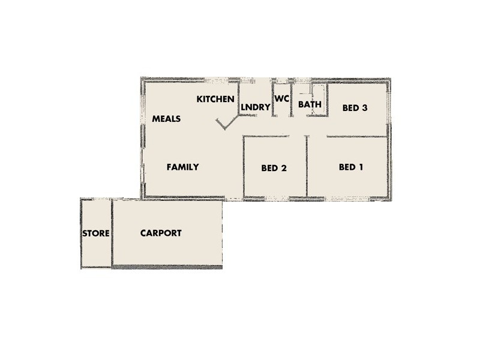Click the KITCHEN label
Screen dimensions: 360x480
click(x=215, y=99)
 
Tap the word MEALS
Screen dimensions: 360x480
click(x=166, y=119)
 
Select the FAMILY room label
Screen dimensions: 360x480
click(x=182, y=167)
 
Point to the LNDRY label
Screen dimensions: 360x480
click(x=255, y=107)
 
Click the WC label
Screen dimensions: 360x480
click(x=282, y=98)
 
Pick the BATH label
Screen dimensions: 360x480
click(x=310, y=104)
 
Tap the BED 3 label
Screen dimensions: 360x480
click(x=355, y=108)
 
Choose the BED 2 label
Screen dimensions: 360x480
click(x=274, y=168)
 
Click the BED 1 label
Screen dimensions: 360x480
click(x=351, y=167)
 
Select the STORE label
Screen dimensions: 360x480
click(x=96, y=233)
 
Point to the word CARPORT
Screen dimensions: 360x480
click(x=161, y=233)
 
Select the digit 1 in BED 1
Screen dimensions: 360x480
click(x=361, y=167)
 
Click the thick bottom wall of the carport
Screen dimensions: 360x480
click(x=168, y=266)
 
